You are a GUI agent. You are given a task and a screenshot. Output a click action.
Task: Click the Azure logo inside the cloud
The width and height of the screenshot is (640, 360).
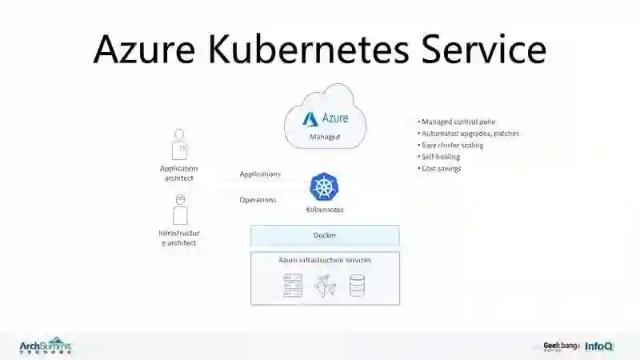point(310,118)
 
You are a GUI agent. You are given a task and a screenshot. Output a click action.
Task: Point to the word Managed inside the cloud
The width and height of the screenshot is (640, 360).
point(325,137)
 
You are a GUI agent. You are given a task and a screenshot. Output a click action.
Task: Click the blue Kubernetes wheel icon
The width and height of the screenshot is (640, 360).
point(325,187)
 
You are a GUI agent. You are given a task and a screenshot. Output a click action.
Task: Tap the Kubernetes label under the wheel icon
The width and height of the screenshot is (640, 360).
point(325,210)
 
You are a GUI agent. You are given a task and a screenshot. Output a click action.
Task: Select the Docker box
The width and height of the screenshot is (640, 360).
point(325,235)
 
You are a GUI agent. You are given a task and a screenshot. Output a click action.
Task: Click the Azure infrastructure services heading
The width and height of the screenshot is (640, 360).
point(325,260)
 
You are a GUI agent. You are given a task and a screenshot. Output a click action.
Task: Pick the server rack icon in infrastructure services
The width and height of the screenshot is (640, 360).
point(293,286)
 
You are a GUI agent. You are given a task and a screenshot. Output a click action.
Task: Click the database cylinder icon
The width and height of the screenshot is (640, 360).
point(357,286)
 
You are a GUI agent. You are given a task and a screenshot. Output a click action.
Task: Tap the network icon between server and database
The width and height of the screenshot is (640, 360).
point(325,286)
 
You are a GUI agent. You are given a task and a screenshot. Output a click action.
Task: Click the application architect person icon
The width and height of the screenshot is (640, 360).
point(180,145)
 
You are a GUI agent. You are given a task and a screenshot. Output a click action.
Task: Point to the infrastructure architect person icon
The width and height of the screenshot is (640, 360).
point(180,210)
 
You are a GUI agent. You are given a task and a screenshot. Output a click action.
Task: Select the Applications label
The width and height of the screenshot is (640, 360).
point(260,174)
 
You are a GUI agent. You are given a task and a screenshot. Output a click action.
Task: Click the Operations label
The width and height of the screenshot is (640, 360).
point(258,200)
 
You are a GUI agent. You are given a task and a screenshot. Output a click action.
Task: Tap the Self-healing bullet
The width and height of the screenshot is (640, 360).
point(441,157)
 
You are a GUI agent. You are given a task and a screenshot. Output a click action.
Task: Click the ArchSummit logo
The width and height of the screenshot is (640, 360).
point(46,346)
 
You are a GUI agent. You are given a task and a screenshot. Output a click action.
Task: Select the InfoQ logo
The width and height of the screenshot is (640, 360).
point(598,346)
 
